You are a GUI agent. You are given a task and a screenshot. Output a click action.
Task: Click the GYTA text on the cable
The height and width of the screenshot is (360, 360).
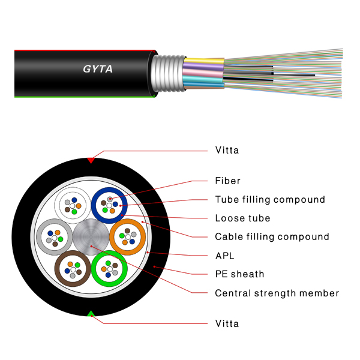pos(97,69)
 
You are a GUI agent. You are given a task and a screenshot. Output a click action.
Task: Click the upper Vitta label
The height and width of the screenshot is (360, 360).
pos(227,151)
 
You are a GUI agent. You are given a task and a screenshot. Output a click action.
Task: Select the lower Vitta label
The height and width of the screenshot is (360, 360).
pos(227,324)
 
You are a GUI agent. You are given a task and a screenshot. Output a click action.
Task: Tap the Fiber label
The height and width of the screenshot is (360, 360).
pos(227,181)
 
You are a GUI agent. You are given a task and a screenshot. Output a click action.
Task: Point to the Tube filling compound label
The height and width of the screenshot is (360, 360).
pos(270,200)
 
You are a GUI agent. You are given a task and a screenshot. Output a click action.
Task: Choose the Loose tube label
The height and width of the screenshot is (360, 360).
pos(242,218)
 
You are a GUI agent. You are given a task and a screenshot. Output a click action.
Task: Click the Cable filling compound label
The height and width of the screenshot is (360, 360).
pos(272,237)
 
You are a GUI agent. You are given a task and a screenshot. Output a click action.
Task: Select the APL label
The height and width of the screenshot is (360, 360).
pos(224,256)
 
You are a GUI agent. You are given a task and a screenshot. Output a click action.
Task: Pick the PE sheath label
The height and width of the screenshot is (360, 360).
pos(239,274)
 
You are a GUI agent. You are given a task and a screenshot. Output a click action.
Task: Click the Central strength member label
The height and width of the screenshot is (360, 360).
pos(277,293)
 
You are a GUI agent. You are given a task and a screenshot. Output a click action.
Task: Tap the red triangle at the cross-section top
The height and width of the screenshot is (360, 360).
pos(91,160)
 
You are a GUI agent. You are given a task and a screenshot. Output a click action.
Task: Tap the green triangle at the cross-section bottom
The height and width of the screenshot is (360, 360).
pos(91,314)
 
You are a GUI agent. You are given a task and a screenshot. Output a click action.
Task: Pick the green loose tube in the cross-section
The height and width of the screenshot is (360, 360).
pos(109,269)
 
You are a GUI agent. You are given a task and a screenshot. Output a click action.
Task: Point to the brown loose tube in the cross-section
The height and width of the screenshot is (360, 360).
pos(73,269)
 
